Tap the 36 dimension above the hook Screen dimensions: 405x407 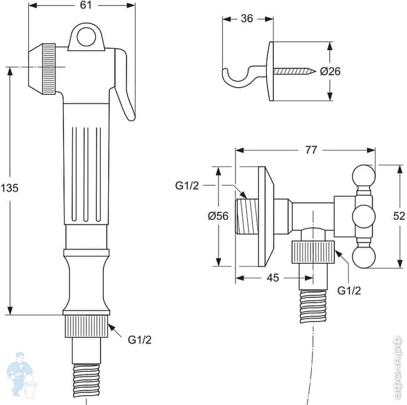pyautogui.click(x=247, y=18)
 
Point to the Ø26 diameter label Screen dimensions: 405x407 pyautogui.click(x=330, y=71)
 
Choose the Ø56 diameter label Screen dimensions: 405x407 pyautogui.click(x=219, y=216)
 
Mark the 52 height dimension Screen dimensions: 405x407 pyautogui.click(x=398, y=216)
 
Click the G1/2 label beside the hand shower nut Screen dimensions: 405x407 pyautogui.click(x=140, y=340)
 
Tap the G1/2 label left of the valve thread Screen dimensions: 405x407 pyautogui.click(x=187, y=186)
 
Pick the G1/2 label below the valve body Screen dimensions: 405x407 pyautogui.click(x=349, y=290)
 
